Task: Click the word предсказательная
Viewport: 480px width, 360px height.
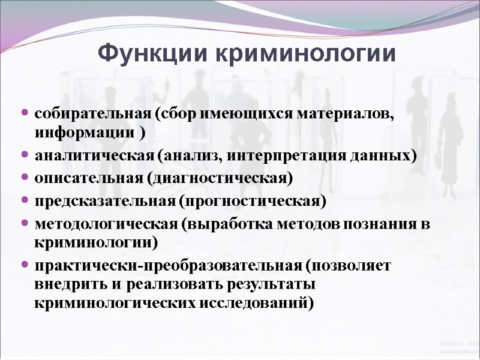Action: point(104,200)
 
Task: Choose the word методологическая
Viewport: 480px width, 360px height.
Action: point(105,223)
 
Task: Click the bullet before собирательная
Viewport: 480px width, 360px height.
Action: point(24,113)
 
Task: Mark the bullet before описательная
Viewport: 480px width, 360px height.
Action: point(24,178)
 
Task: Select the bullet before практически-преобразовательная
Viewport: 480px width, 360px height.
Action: point(24,265)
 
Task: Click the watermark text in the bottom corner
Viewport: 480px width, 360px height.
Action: point(458,346)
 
